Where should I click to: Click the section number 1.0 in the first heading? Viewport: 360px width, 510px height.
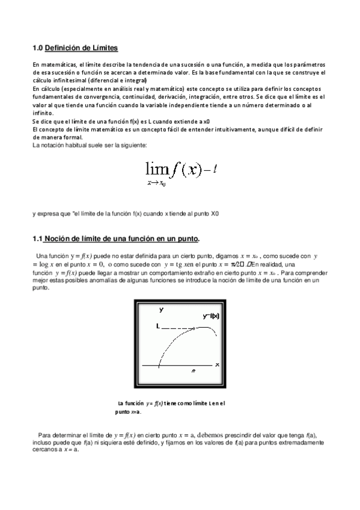coord(37,48)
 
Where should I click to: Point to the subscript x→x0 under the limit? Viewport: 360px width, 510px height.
coord(156,183)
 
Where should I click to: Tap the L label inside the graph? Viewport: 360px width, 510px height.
coord(157,327)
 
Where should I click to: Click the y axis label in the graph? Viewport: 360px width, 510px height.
coord(161,309)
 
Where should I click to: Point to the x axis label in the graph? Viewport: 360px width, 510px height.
coord(216,364)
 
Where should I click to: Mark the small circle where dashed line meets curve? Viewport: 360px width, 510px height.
coord(195,327)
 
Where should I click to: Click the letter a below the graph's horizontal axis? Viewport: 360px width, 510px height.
coord(193,372)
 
